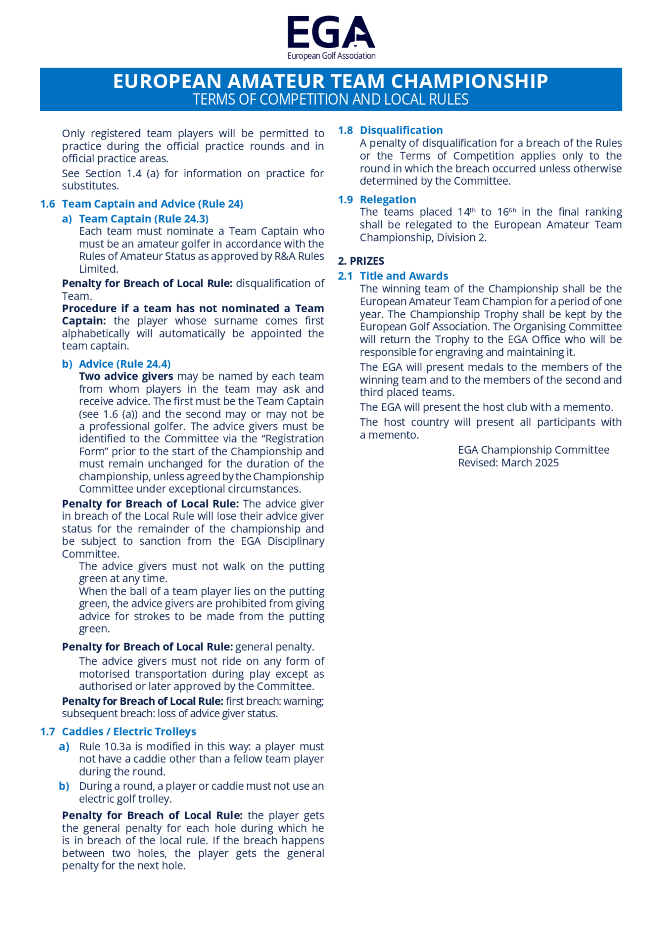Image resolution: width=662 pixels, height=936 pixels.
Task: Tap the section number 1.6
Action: pyautogui.click(x=47, y=204)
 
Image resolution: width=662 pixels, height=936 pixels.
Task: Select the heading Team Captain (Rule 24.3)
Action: pyautogui.click(x=144, y=219)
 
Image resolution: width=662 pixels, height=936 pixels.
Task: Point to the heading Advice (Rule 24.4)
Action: pyautogui.click(x=124, y=364)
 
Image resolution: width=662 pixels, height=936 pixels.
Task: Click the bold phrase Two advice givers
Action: pyautogui.click(x=126, y=376)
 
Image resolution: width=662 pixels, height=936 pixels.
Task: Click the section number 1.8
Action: pyautogui.click(x=345, y=130)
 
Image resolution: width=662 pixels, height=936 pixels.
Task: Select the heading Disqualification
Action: pyautogui.click(x=401, y=130)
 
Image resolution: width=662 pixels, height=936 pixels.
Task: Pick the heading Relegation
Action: pyautogui.click(x=388, y=200)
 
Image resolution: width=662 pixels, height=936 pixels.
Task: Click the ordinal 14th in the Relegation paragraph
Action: pyautogui.click(x=466, y=212)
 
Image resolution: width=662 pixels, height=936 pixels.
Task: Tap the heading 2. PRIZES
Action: pyautogui.click(x=361, y=261)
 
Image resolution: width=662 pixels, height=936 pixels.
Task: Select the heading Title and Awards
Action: pyautogui.click(x=403, y=276)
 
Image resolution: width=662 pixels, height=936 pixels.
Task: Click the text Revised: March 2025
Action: pyautogui.click(x=508, y=463)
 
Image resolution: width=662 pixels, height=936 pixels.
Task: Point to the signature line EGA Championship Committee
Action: pyautogui.click(x=533, y=450)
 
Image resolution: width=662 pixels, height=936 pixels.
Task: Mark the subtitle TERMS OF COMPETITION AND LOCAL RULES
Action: pyautogui.click(x=330, y=100)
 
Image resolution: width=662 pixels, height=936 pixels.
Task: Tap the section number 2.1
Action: pyautogui.click(x=345, y=276)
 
